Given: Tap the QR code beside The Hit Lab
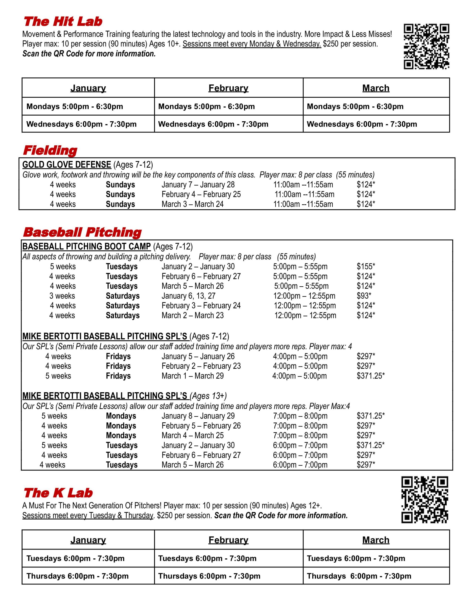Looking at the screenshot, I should click(x=426, y=46).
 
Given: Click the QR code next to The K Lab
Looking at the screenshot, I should click(x=425, y=500).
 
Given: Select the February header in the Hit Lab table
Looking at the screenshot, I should click(x=228, y=88).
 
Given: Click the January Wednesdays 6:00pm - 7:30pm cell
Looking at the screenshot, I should click(x=81, y=124).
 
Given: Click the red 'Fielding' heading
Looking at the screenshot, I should click(x=50, y=150).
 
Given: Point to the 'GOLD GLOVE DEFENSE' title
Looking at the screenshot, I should click(x=67, y=165).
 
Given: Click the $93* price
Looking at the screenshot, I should click(x=364, y=295).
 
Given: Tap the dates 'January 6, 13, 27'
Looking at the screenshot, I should click(x=188, y=295).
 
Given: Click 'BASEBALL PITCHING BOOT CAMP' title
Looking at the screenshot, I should click(x=87, y=246).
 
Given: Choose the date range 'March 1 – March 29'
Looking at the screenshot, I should click(x=192, y=376).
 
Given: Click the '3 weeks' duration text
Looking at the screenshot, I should click(x=62, y=295).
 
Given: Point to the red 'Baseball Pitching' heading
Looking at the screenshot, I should click(x=82, y=232).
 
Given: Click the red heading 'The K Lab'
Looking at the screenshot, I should click(x=58, y=493).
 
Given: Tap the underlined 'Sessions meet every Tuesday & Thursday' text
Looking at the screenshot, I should click(x=88, y=515).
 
